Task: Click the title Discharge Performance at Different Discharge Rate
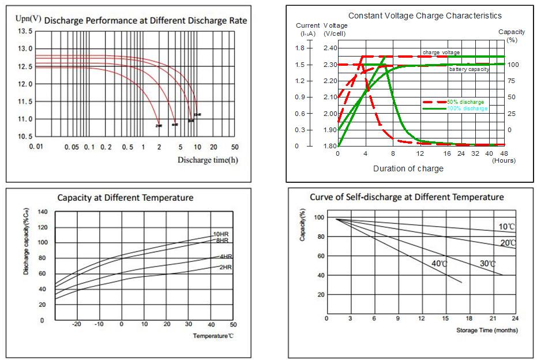click(145, 21)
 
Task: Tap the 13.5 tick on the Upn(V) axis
click(24, 31)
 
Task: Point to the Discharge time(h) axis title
click(207, 160)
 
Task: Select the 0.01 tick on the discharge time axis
click(36, 147)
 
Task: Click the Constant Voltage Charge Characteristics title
click(425, 16)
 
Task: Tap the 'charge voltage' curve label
click(441, 52)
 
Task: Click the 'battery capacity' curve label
click(469, 69)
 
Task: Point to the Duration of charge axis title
click(408, 168)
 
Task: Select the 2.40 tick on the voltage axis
click(331, 48)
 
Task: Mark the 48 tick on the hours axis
click(504, 153)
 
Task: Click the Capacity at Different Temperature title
click(125, 198)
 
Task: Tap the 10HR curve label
click(221, 234)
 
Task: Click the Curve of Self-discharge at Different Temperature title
click(407, 197)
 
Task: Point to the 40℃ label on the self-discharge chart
click(440, 264)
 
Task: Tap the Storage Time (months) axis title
click(487, 330)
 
